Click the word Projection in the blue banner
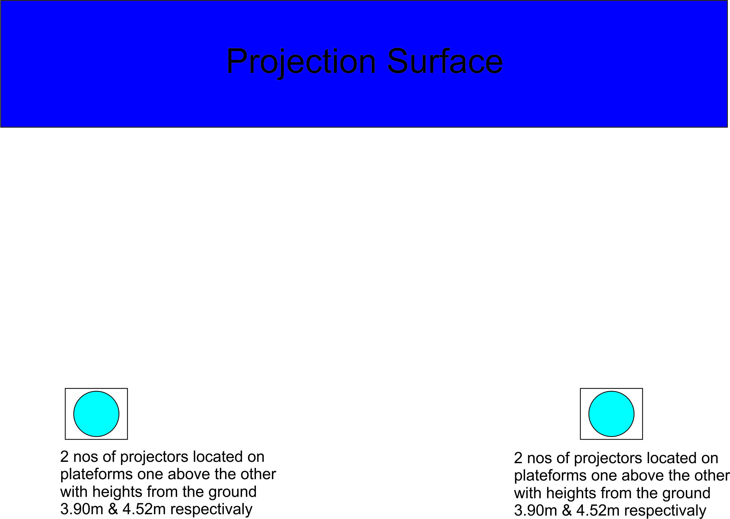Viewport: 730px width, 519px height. [x=301, y=62]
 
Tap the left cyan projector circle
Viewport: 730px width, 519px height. [x=96, y=414]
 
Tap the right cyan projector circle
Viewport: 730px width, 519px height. [x=611, y=414]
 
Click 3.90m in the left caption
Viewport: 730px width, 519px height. [x=82, y=509]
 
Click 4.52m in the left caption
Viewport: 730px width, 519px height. [x=144, y=509]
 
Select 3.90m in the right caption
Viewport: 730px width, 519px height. [x=535, y=510]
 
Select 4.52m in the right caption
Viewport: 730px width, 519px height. [x=598, y=510]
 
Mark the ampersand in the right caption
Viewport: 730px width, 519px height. [x=567, y=510]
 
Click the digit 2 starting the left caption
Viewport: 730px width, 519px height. [x=64, y=457]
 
